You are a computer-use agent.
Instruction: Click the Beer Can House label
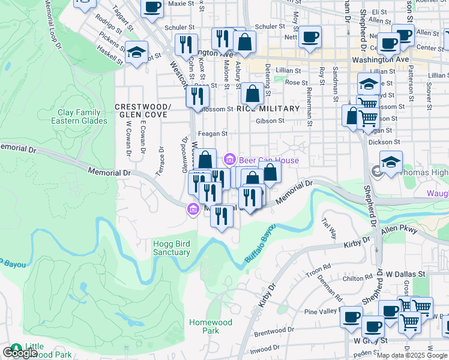(x=268, y=160)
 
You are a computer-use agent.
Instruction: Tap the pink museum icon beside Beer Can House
(x=229, y=160)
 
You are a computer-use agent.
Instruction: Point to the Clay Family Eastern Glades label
(x=83, y=116)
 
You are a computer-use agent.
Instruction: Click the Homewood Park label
(x=210, y=326)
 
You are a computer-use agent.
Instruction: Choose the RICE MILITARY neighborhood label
(x=268, y=109)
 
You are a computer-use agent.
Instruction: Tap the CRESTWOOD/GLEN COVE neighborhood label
(x=143, y=111)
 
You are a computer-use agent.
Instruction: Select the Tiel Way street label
(x=329, y=228)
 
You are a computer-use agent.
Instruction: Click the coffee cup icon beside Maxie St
(x=152, y=7)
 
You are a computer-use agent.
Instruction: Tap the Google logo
(x=20, y=353)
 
